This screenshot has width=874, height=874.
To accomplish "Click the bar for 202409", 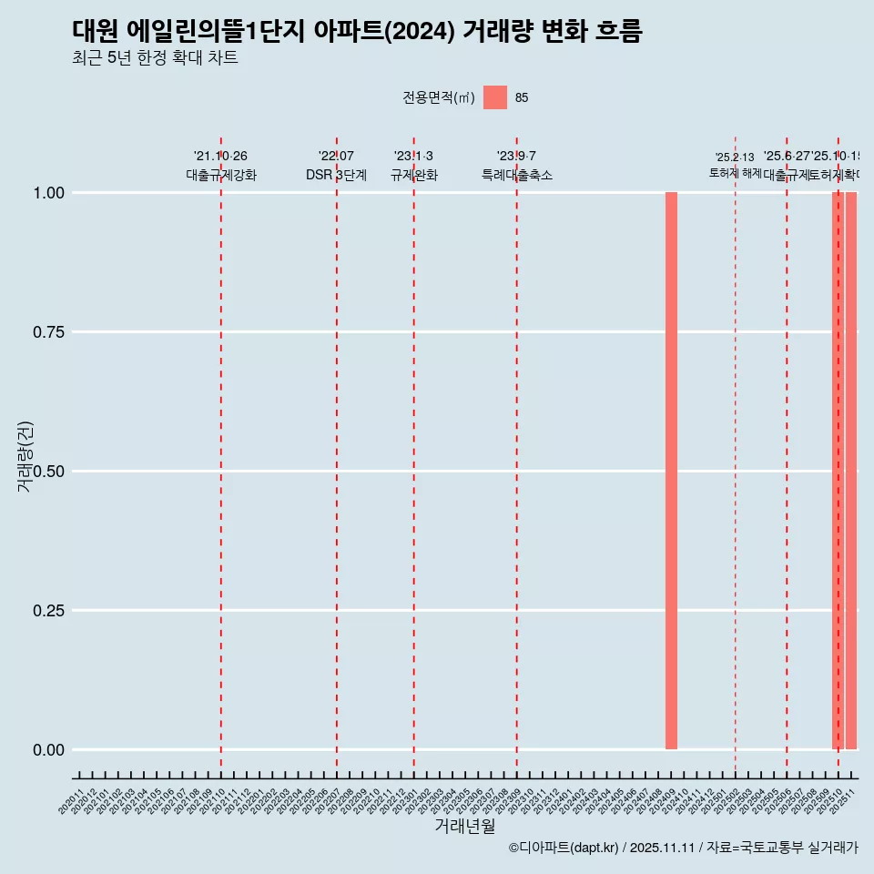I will point(671,471).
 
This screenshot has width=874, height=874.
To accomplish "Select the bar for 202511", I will point(851,471).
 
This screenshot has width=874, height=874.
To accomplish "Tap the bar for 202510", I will point(838,471).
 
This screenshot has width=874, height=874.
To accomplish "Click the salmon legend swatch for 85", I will point(495,97).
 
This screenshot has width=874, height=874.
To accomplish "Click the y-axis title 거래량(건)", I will point(25,456).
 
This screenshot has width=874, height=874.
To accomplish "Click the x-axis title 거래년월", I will point(464,827).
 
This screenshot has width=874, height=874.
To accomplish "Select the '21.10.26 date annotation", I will point(220,157).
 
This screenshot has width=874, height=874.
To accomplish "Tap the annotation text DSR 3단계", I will point(336,175).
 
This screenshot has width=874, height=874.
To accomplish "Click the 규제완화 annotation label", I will point(414,175).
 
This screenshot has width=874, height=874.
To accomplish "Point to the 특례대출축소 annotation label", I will point(517,175).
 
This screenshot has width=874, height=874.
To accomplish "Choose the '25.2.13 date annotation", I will point(734,158).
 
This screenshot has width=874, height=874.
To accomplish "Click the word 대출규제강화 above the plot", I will point(221,175).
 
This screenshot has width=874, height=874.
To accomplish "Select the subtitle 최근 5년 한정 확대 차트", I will point(155,58).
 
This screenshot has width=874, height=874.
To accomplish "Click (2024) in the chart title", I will point(421,31).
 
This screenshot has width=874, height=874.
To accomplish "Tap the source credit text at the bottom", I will point(683,849).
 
